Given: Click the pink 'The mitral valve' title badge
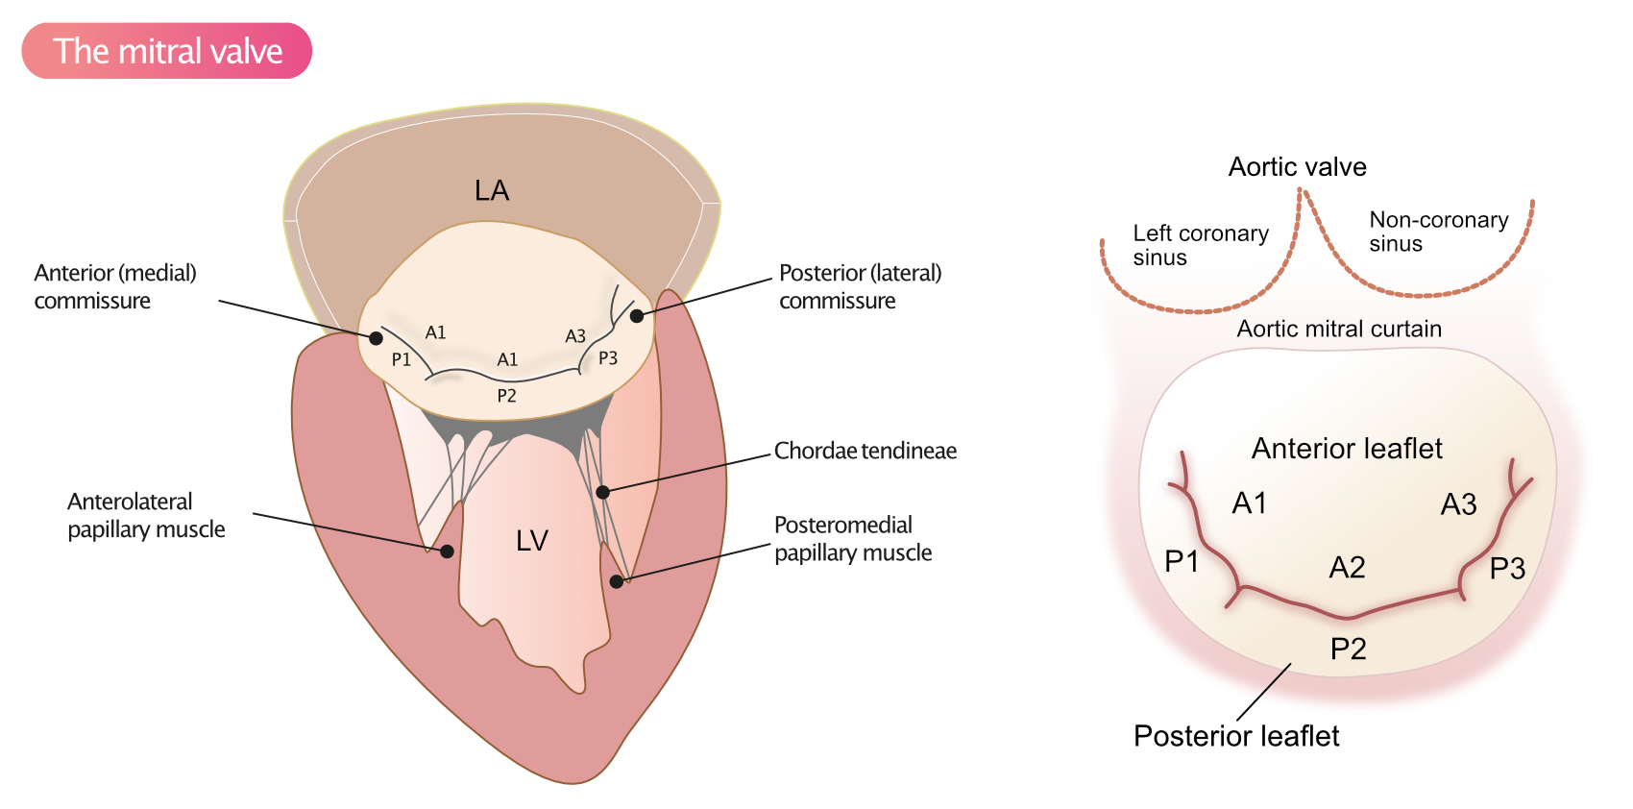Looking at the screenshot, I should (167, 51).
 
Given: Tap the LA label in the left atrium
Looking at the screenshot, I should (492, 190).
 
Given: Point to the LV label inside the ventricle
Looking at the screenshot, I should (532, 541).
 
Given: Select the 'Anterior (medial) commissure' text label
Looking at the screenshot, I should (115, 286).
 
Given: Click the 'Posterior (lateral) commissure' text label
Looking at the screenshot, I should (860, 286).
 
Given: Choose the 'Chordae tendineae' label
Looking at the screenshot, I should (865, 451).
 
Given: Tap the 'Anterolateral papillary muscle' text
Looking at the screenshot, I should (146, 515).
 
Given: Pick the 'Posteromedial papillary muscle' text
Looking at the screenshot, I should (853, 538).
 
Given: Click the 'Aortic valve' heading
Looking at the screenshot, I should (1297, 167).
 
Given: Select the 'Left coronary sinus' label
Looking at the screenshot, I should (1200, 245).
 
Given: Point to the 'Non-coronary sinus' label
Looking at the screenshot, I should (1438, 232).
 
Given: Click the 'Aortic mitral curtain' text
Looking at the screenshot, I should (1339, 329).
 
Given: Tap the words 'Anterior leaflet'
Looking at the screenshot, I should (1347, 449).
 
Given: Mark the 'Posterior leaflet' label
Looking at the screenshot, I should (1236, 736).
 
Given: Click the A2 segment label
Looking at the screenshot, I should (1347, 568).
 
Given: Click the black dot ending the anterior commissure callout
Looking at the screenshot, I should (377, 338).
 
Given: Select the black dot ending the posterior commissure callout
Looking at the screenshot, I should (637, 315).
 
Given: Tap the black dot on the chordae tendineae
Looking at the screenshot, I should (602, 492).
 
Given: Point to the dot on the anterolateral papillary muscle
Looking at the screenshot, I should (447, 552).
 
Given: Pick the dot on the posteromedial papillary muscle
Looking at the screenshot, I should (617, 581).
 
